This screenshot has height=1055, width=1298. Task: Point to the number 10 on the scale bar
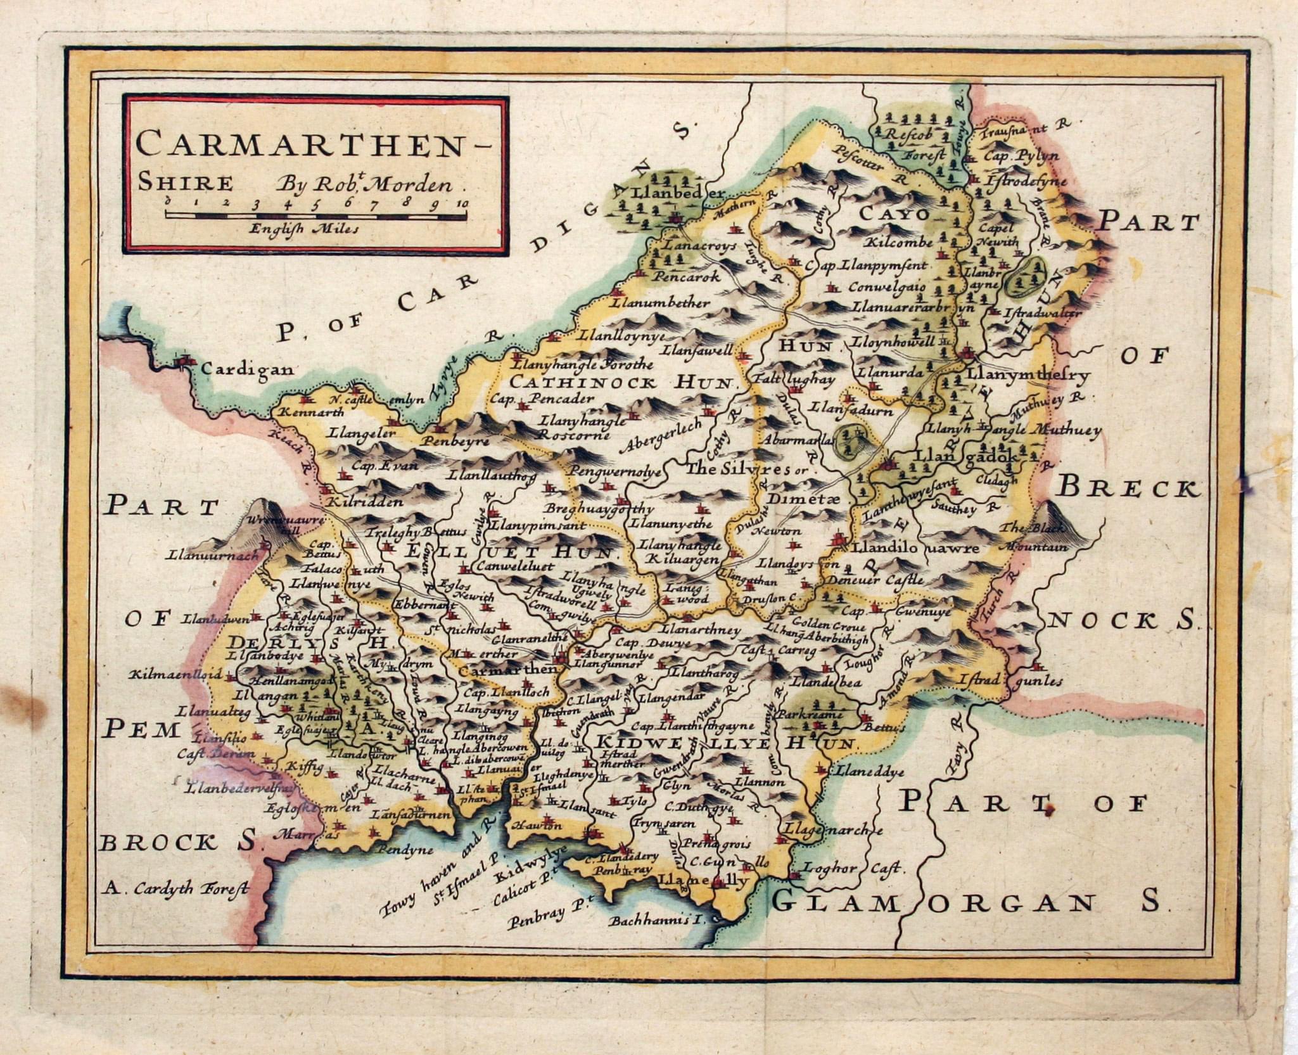click(461, 203)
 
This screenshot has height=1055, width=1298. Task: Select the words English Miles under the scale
click(304, 229)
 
